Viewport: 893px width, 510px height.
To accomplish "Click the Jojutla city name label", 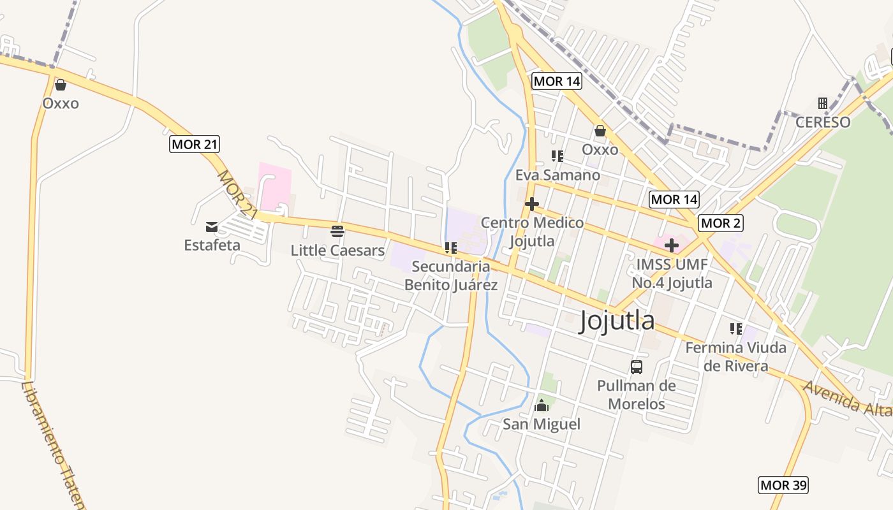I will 617,321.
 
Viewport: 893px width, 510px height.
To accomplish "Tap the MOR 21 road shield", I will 195,144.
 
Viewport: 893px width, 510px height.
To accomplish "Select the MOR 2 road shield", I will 721,223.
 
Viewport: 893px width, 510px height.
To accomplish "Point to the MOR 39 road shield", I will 783,485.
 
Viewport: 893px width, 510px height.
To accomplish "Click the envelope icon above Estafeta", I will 212,227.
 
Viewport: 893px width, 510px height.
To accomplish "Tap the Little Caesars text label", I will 337,251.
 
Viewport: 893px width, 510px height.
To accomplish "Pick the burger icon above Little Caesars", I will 337,231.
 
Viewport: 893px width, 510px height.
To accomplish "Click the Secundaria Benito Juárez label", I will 451,275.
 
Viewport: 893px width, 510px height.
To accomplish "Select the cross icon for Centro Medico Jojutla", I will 531,204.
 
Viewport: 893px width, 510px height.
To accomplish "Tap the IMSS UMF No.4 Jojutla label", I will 672,273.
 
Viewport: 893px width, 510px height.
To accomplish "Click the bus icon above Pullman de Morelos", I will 636,367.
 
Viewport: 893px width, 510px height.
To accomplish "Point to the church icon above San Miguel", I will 542,405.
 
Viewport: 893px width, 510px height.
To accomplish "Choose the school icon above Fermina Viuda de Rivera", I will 736,329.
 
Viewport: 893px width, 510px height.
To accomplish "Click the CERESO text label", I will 823,122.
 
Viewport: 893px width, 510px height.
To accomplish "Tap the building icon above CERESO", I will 823,103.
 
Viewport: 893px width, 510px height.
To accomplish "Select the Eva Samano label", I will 557,175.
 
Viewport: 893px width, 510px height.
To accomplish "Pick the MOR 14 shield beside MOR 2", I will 674,200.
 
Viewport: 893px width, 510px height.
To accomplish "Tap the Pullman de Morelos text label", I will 636,395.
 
